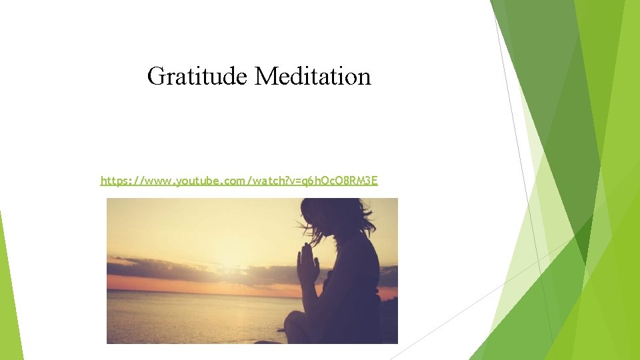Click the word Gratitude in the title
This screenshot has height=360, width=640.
click(x=197, y=77)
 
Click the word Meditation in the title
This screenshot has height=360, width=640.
click(x=313, y=77)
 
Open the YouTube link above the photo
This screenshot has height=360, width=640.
click(x=239, y=181)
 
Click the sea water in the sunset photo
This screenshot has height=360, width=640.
click(x=193, y=317)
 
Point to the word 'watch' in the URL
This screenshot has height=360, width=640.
click(x=258, y=181)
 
